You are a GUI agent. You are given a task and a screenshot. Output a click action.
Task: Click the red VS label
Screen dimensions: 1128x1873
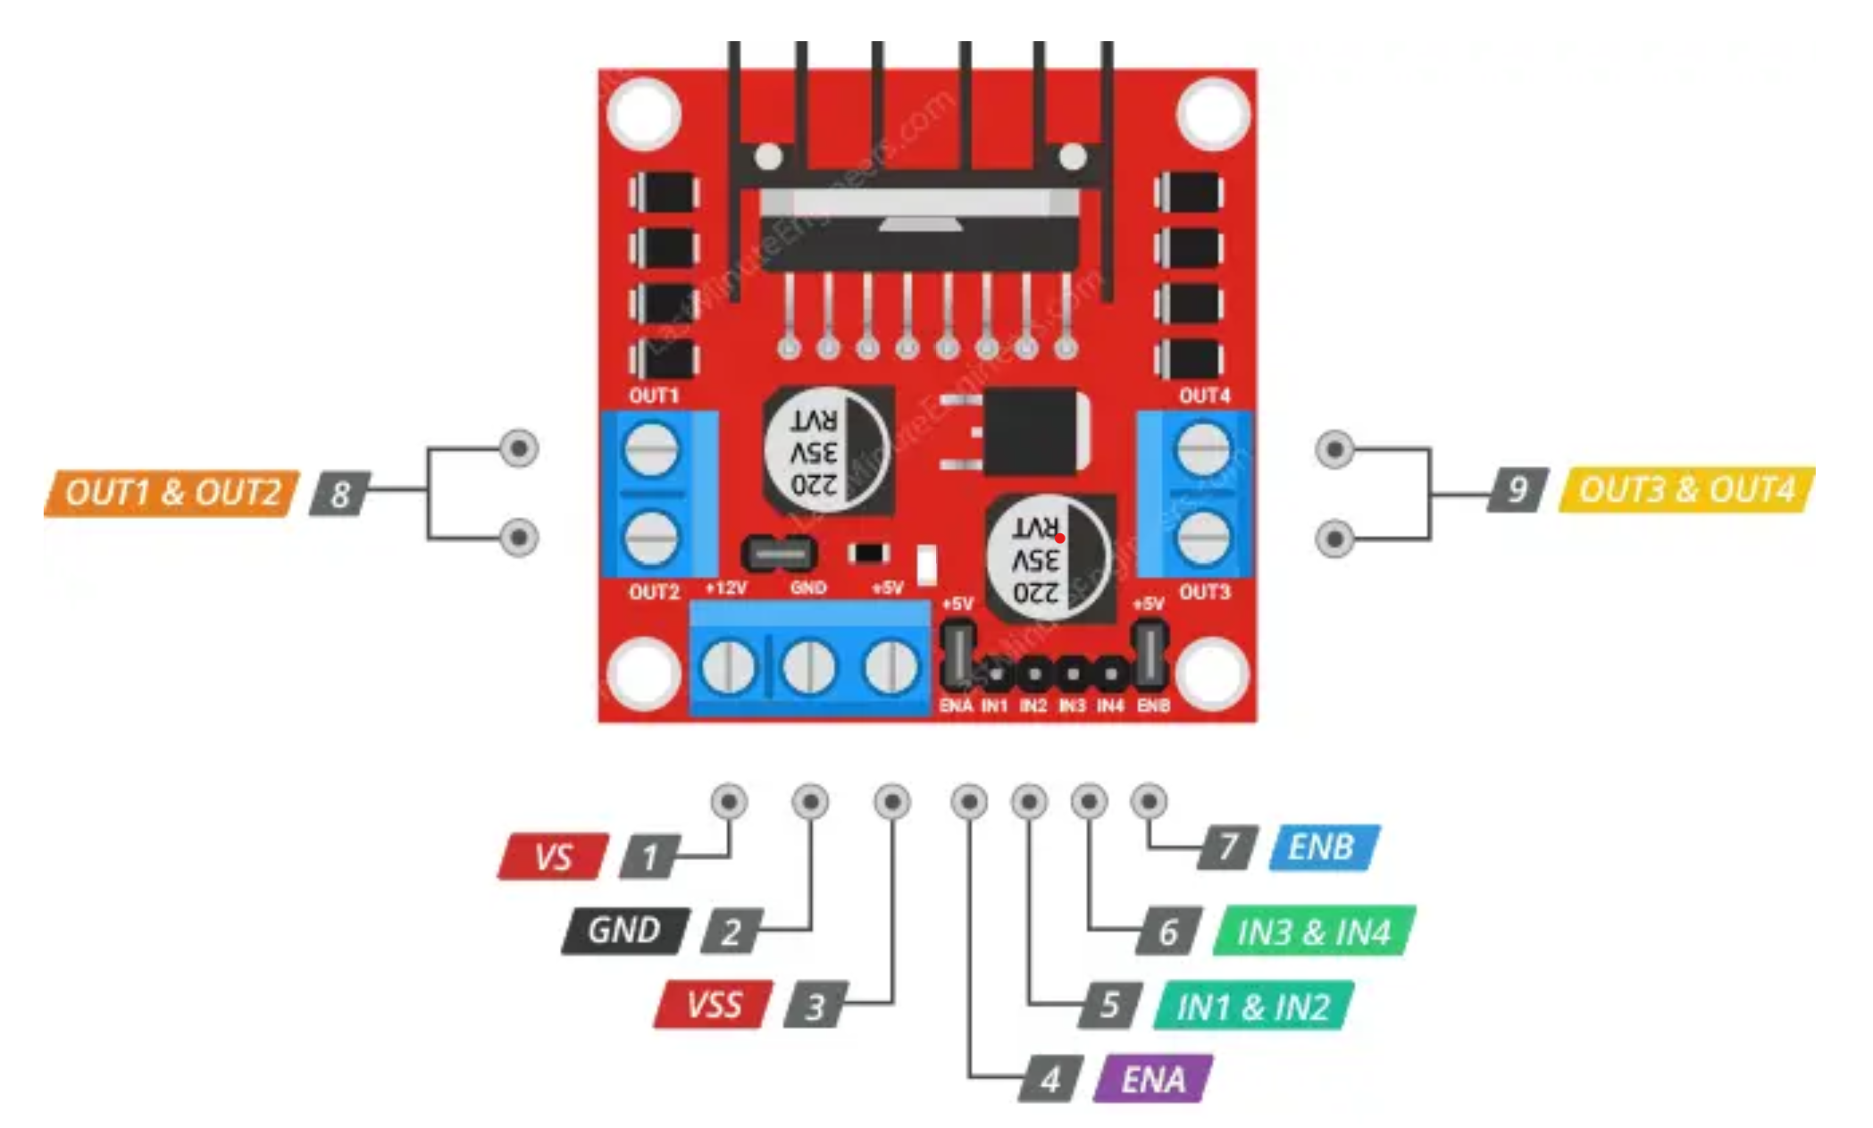[x=553, y=857]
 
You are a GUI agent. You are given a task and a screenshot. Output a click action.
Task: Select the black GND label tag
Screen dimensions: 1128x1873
[x=624, y=931]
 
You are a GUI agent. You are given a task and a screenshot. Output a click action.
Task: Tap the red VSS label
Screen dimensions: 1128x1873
[x=713, y=1005]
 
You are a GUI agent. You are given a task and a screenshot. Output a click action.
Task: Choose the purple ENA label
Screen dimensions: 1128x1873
[x=1153, y=1079]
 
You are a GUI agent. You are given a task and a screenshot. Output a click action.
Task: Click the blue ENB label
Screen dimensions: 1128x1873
[x=1324, y=847]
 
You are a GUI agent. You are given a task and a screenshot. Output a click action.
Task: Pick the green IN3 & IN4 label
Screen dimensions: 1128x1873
[x=1314, y=932]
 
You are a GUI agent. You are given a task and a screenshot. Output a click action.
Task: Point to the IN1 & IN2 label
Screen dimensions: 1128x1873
[x=1253, y=1007]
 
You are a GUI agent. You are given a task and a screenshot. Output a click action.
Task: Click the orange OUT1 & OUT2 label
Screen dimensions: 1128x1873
[x=171, y=493]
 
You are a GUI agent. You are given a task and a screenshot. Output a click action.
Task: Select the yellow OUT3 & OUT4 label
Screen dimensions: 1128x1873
[x=1686, y=489]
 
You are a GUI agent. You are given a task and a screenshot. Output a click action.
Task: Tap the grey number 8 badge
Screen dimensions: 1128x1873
[x=339, y=493]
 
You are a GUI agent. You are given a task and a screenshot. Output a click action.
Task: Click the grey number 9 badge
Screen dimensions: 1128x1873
[x=1517, y=489]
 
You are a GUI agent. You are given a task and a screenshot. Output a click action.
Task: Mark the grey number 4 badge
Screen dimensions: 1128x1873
[x=1051, y=1079]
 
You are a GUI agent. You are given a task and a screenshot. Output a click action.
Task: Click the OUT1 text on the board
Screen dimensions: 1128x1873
[x=654, y=396]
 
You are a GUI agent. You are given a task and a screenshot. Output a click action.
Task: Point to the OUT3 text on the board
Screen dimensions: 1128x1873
[x=1204, y=592]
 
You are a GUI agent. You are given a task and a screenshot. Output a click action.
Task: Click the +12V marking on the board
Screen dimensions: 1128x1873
[x=725, y=589]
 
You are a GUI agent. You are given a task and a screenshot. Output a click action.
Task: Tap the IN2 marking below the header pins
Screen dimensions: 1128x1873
[x=1033, y=706]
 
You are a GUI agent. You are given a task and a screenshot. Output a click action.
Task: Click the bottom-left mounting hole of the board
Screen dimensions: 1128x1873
[x=643, y=673]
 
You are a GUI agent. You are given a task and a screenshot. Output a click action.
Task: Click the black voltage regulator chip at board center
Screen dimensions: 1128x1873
[x=1036, y=432]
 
